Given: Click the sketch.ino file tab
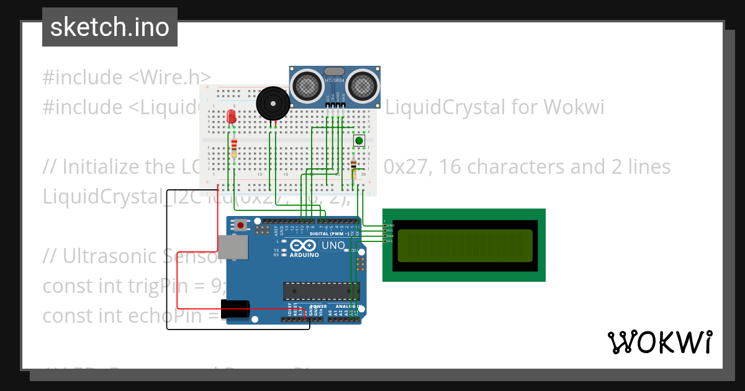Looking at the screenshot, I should (110, 27).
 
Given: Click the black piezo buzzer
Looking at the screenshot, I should (273, 103).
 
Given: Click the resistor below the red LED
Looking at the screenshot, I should (234, 147).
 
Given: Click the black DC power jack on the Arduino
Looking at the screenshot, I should (235, 309).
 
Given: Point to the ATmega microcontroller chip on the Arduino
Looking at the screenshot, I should (321, 290).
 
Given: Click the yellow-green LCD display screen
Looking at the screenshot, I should (465, 245).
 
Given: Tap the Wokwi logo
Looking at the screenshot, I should (659, 342).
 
